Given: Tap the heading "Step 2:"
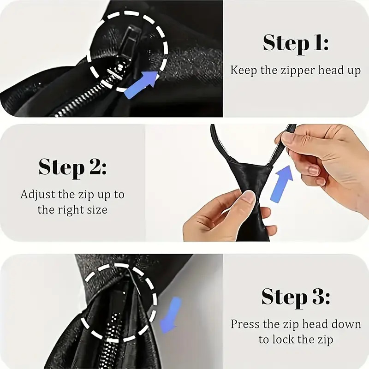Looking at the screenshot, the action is pyautogui.click(x=72, y=168).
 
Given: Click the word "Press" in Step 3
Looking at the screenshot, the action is pyautogui.click(x=245, y=324).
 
